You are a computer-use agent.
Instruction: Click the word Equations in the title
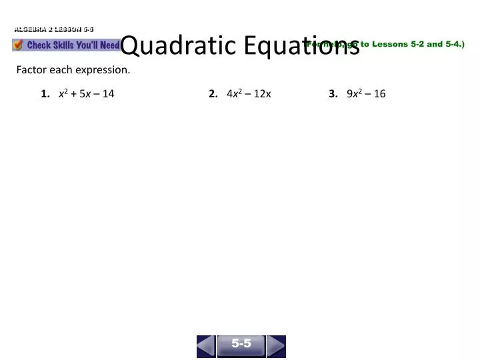tap(301, 45)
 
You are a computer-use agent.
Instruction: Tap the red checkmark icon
tap(18, 45)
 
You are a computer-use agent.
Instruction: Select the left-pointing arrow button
tap(206, 346)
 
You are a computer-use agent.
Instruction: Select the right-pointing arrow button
tap(276, 346)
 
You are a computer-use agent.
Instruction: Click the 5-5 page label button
tap(241, 344)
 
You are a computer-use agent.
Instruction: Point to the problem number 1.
tap(45, 94)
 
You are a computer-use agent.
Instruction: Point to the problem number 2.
tap(213, 94)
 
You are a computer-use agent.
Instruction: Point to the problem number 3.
tap(333, 94)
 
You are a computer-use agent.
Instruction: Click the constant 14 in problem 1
tap(108, 94)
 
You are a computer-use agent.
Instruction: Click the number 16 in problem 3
tap(379, 94)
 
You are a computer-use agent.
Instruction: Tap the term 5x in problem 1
tap(85, 94)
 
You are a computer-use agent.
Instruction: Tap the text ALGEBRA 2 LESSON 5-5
tap(54, 29)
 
